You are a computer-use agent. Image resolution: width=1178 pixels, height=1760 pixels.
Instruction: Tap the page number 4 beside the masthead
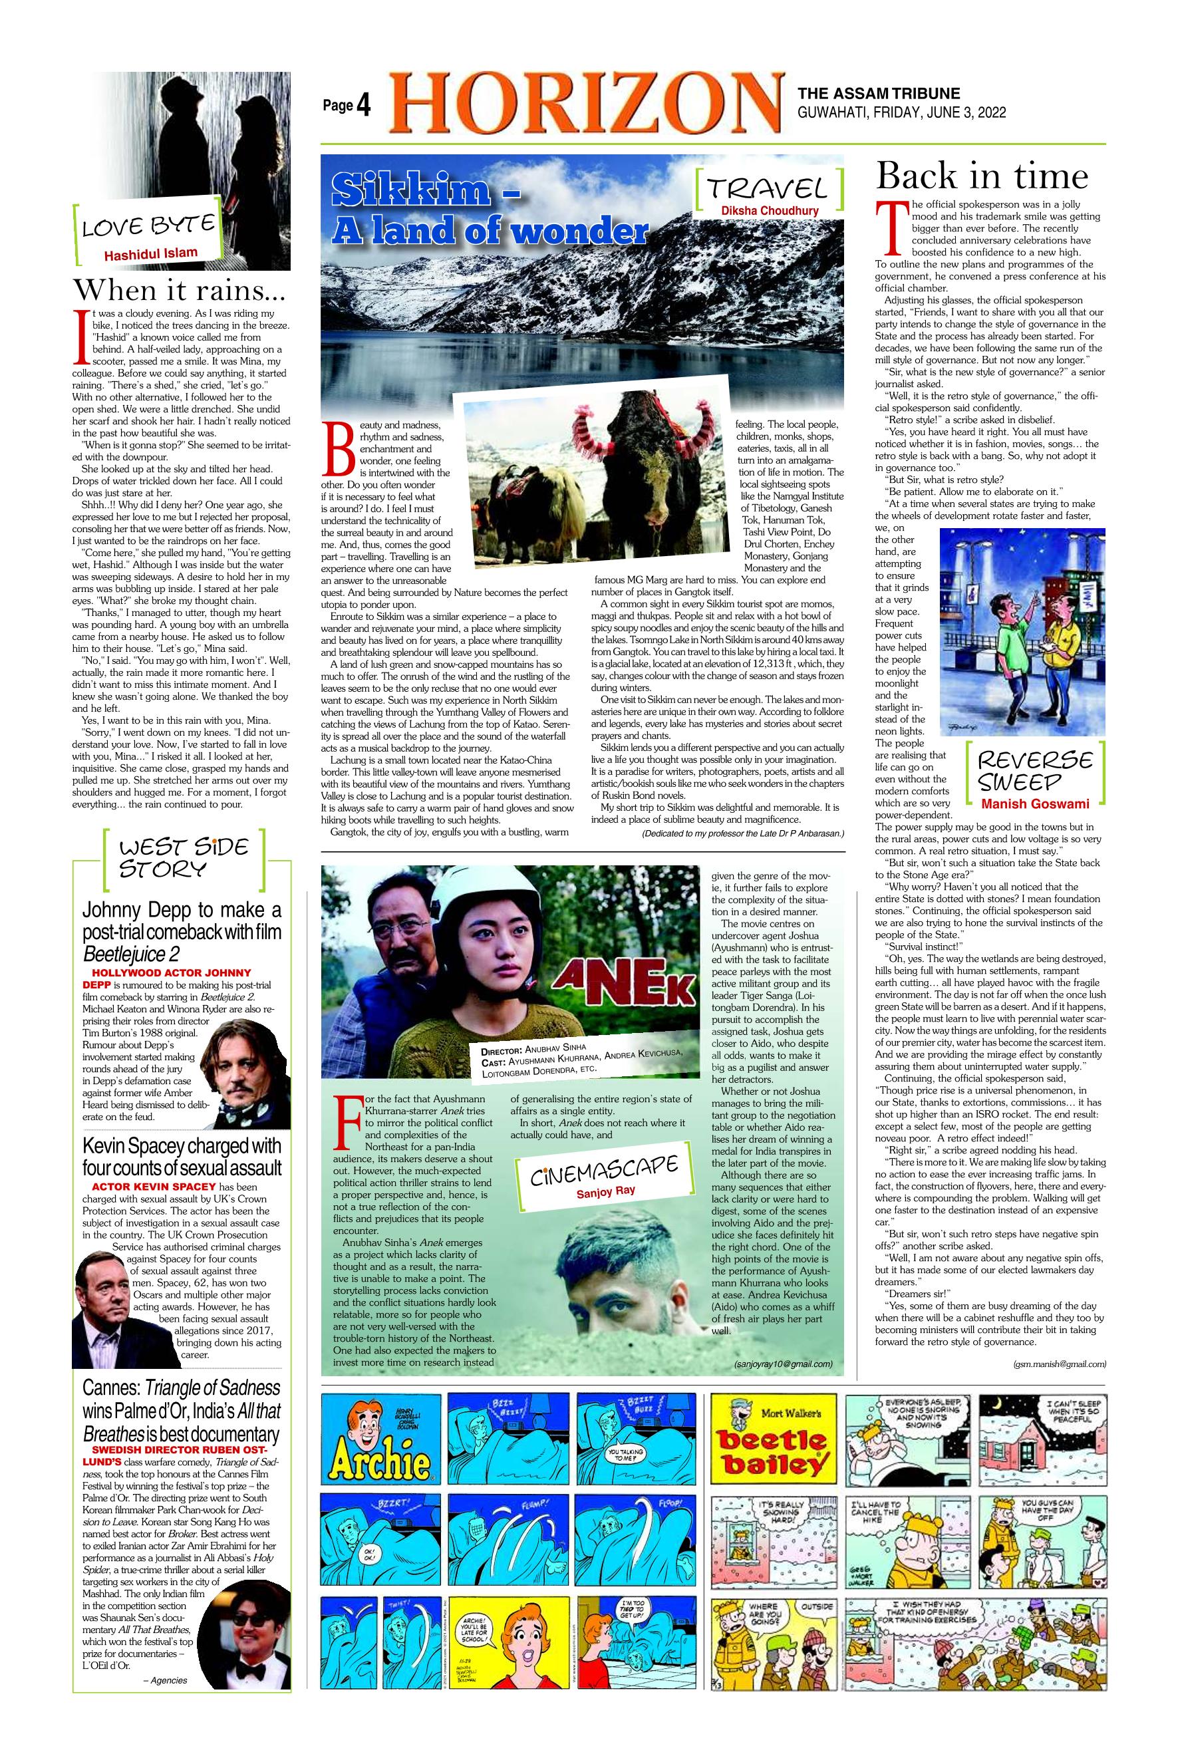(x=363, y=106)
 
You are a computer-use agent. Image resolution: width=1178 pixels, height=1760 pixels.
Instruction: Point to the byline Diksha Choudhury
(x=771, y=211)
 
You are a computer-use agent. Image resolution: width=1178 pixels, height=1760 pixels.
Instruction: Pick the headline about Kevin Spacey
(x=182, y=1157)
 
